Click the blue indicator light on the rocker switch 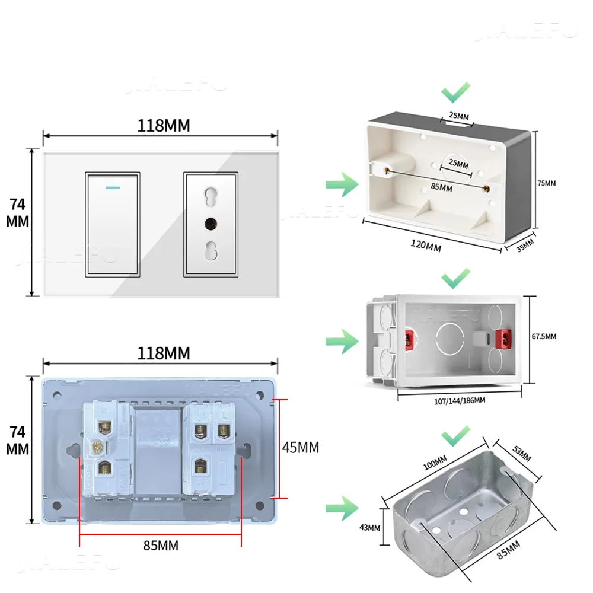coord(113,186)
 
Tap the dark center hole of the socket coord(211,224)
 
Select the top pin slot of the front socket coord(211,195)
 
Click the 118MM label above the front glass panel coord(164,126)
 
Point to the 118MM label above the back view coord(164,353)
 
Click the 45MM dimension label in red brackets coord(299,448)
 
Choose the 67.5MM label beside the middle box coord(543,336)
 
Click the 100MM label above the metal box coord(436,461)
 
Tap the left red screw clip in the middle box coord(409,339)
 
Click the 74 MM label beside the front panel coord(18,212)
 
